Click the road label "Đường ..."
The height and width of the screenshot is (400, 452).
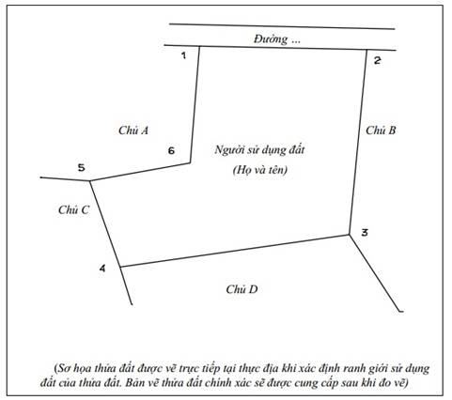pyautogui.click(x=277, y=39)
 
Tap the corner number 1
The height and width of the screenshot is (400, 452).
pyautogui.click(x=183, y=55)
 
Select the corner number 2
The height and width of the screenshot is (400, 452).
pyautogui.click(x=378, y=60)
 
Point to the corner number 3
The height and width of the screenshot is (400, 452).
pyautogui.click(x=365, y=233)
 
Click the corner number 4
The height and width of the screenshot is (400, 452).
pyautogui.click(x=102, y=269)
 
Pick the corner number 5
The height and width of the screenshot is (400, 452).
pyautogui.click(x=81, y=168)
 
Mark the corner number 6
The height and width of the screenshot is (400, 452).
pyautogui.click(x=171, y=151)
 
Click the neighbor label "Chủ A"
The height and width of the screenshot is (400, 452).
pyautogui.click(x=133, y=131)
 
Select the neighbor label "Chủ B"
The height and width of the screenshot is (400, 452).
pyautogui.click(x=381, y=131)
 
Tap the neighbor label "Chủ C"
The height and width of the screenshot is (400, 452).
pyautogui.click(x=73, y=209)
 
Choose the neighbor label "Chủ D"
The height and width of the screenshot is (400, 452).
pyautogui.click(x=242, y=289)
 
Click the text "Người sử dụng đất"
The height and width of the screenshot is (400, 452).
pyautogui.click(x=259, y=150)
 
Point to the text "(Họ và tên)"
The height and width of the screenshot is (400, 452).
pyautogui.click(x=260, y=170)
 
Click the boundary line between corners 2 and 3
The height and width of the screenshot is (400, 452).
pyautogui.click(x=358, y=142)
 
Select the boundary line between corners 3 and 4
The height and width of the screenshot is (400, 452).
pyautogui.click(x=235, y=251)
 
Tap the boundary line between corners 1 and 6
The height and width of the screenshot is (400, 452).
pyautogui.click(x=195, y=104)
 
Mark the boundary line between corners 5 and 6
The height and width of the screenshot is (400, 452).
pyautogui.click(x=140, y=172)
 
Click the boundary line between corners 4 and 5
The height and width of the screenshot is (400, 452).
pyautogui.click(x=105, y=223)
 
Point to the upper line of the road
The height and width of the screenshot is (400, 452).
pyautogui.click(x=282, y=26)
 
